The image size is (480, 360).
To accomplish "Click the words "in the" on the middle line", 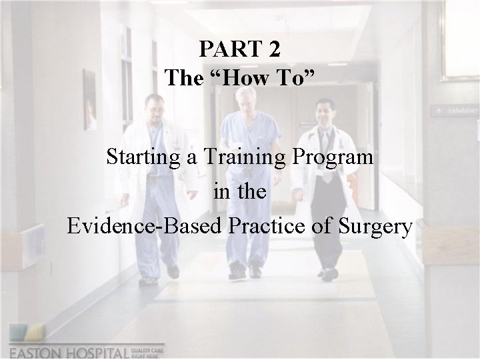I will (x=240, y=192).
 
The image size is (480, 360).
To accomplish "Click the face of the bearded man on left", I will (x=155, y=108).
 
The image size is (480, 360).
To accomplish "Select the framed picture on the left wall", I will (x=89, y=99).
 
